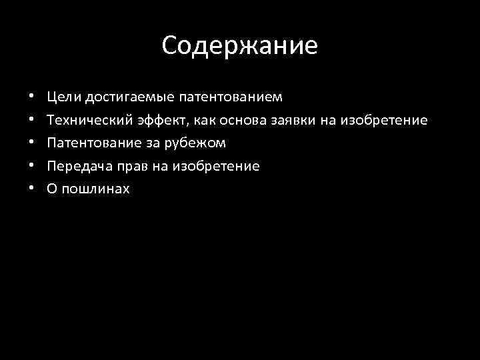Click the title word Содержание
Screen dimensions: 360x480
click(x=240, y=46)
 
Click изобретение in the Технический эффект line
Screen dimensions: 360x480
click(x=384, y=121)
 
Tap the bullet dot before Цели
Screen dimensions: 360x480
click(x=31, y=98)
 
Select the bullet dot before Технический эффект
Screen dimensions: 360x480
click(x=31, y=121)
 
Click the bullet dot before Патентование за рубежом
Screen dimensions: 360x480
click(x=31, y=143)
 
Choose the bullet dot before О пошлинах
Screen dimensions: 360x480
click(x=31, y=189)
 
